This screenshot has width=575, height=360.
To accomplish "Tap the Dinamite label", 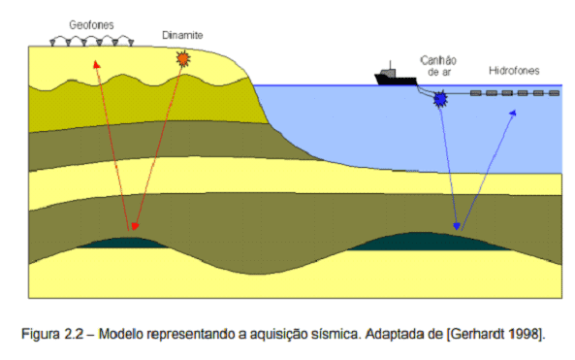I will click(x=182, y=37).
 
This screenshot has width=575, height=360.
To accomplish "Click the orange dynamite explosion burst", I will click(x=182, y=60).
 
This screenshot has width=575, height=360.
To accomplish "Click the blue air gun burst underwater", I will click(x=442, y=98).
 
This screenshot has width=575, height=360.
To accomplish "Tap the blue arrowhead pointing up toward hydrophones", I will click(x=513, y=114).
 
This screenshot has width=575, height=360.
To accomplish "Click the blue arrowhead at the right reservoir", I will click(x=453, y=226).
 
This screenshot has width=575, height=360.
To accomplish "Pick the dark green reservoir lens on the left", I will click(x=134, y=240).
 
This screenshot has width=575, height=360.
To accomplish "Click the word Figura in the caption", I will click(x=42, y=334).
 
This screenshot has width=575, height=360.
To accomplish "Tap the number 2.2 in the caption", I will click(x=75, y=334).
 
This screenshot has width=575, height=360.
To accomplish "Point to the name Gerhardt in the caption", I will click(x=489, y=334).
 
